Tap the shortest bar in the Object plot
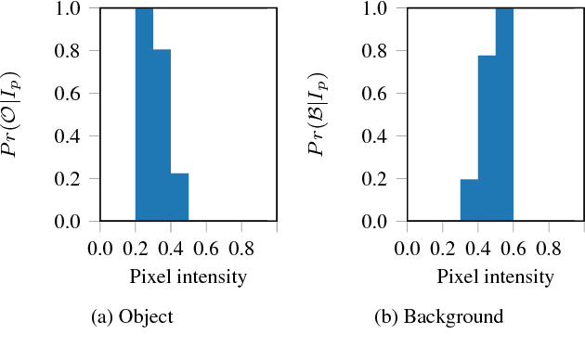pos(179,198)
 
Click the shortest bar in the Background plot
pos(469,200)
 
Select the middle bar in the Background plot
pos(487,138)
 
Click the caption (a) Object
pos(133,317)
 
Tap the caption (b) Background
pos(438,317)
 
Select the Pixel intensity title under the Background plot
pos(496,276)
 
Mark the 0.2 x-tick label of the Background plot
pos(443,248)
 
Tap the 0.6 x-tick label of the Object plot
pos(207,248)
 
